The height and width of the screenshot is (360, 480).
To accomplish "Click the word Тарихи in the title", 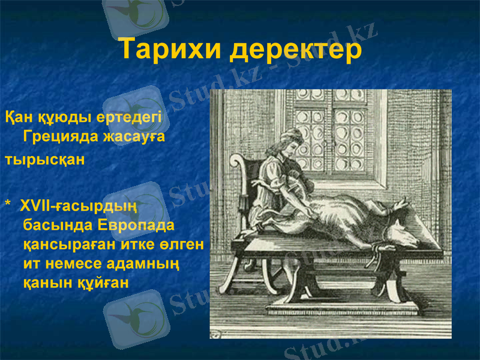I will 169,49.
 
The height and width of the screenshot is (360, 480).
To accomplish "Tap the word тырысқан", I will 45,160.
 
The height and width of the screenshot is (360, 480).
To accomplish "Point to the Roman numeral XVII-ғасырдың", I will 80,206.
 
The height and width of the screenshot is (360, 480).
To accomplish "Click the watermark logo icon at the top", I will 135,15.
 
